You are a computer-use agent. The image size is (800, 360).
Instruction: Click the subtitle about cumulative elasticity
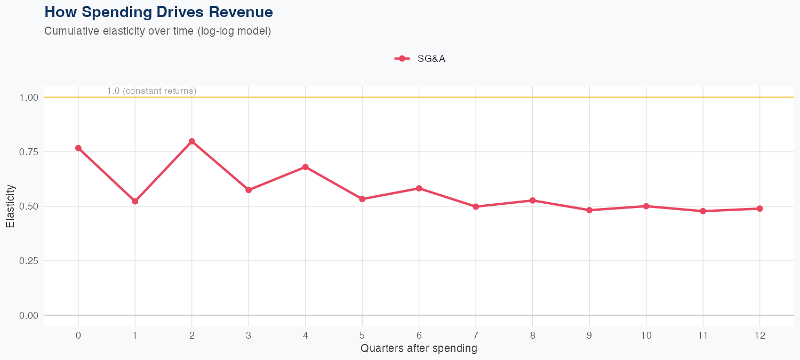point(158,31)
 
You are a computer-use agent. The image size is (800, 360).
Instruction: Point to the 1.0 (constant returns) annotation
point(151,91)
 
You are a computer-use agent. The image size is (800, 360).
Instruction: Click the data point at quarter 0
point(78,148)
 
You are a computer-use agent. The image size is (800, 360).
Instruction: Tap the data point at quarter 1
point(135,201)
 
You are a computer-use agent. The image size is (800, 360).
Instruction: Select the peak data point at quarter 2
point(192,141)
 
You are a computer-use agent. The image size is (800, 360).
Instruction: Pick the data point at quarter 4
point(306,167)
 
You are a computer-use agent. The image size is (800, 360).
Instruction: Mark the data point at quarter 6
point(419,188)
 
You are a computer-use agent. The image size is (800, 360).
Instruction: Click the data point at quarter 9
point(589,210)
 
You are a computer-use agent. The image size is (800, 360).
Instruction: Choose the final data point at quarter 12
point(760,209)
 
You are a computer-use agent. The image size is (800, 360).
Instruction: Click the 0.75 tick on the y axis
point(29,152)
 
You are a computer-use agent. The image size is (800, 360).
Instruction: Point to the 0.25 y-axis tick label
point(29,261)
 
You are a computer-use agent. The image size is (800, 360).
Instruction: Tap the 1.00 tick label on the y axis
point(29,98)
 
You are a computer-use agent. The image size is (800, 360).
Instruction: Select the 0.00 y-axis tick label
point(29,316)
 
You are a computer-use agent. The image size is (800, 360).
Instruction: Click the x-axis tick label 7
point(476,335)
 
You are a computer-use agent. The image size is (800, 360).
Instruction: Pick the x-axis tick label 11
point(703,335)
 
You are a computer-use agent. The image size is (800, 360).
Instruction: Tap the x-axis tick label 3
point(249,335)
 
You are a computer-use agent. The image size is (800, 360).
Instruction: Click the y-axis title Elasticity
point(10,206)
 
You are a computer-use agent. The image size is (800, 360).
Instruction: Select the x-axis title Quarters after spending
point(419,349)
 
